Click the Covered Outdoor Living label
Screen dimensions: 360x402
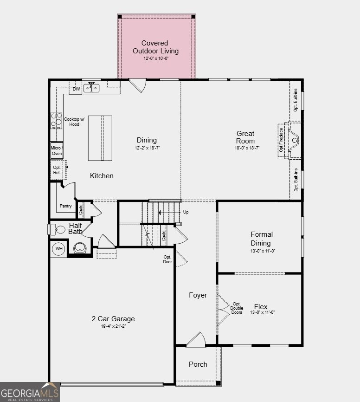155,47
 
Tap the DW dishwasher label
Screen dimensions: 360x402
77,89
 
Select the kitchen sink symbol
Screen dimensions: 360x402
91,88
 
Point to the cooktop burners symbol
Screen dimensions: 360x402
57,121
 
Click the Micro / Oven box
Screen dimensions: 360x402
57,150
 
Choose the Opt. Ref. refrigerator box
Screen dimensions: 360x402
57,170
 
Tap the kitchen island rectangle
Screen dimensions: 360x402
100,138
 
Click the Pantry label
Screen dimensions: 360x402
65,206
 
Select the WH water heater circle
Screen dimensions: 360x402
59,248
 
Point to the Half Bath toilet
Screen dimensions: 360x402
57,229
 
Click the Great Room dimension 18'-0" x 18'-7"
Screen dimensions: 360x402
247,148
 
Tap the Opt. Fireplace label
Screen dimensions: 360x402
281,140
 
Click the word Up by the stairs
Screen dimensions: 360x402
186,212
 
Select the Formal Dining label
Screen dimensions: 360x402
262,239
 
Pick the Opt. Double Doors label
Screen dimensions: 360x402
237,308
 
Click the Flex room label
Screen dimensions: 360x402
261,307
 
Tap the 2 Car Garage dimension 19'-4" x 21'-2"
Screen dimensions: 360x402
113,326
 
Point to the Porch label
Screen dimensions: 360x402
198,364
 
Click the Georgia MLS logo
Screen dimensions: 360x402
30,392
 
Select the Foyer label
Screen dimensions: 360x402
198,295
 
